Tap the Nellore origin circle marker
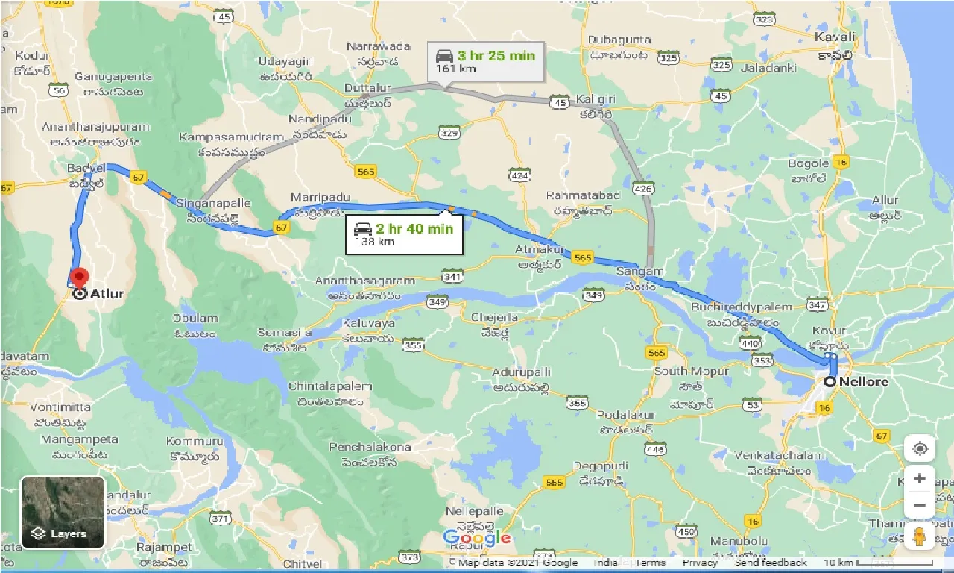830,381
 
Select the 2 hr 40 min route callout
404,234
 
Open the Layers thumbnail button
63,512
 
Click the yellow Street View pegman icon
919,536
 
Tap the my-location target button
919,448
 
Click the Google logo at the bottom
477,538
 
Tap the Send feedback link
770,563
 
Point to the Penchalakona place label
370,447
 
